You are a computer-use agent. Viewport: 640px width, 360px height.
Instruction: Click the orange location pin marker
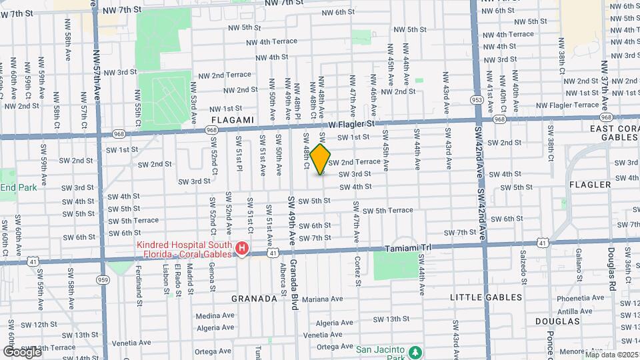(x=321, y=159)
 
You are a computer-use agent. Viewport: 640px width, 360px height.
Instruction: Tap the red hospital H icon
(x=242, y=250)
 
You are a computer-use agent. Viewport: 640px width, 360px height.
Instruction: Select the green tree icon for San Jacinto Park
(x=415, y=351)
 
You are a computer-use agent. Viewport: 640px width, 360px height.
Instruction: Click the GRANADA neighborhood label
(x=254, y=299)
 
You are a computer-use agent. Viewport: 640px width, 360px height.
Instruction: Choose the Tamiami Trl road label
(x=409, y=248)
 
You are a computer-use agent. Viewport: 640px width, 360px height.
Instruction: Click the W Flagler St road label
(x=352, y=124)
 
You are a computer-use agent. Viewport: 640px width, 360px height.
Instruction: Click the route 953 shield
(x=476, y=100)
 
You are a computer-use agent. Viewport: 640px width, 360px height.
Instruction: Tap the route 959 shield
(x=103, y=279)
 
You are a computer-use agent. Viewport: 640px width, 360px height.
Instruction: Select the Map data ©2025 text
(x=612, y=354)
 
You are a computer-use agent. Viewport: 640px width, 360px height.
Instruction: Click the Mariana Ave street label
(x=325, y=299)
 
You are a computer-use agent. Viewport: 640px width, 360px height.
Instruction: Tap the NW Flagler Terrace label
(x=567, y=105)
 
